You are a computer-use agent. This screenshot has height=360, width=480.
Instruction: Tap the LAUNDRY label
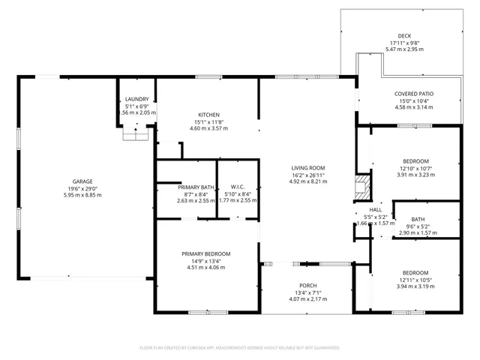[x=136, y=99]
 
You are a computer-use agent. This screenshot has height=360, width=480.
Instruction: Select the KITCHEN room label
[x=208, y=115]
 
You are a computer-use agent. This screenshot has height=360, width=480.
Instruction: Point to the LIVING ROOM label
[x=308, y=167]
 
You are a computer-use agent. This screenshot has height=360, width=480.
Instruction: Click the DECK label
[x=405, y=35]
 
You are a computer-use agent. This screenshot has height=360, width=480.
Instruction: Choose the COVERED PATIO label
[x=414, y=94]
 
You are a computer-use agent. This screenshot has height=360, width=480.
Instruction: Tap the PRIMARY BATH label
[x=186, y=187]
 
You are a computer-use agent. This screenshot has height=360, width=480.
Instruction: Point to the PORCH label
[x=308, y=286]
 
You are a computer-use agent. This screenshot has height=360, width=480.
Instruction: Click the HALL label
[x=376, y=209]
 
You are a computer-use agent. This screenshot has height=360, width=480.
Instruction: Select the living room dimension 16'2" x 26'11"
[x=308, y=174]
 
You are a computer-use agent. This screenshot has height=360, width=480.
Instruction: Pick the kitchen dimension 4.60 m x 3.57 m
[x=208, y=128]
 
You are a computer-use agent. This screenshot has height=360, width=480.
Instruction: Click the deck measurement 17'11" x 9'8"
[x=405, y=43]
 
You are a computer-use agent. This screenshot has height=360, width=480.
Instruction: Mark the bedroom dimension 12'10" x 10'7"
[x=415, y=168]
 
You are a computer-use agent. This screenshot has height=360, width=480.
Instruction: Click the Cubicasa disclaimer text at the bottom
[x=240, y=348]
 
